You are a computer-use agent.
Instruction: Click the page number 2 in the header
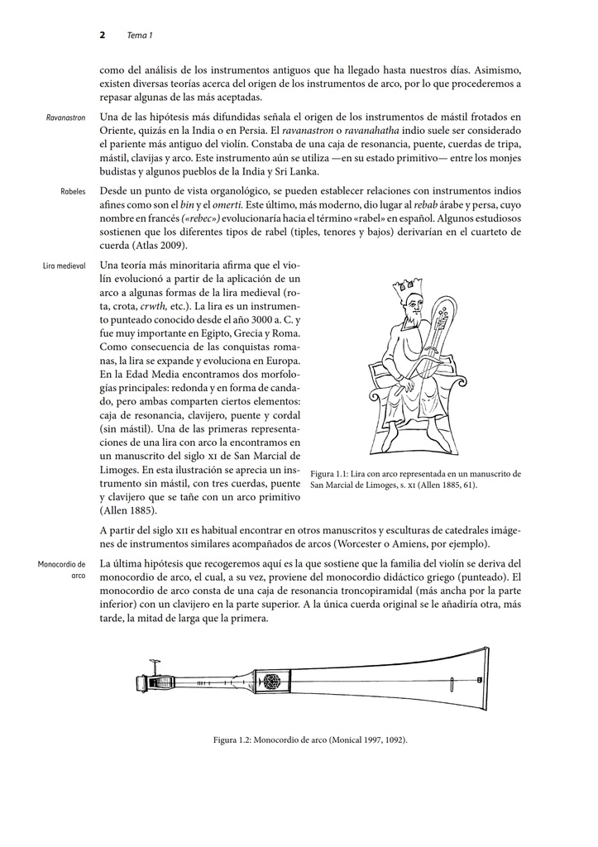102,35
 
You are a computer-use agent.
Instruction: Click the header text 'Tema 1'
139,35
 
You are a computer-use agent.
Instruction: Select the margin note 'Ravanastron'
66,118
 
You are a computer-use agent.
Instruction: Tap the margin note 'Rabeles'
74,191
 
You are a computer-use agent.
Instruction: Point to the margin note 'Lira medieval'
65,266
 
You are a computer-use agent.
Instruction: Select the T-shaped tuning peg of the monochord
153,666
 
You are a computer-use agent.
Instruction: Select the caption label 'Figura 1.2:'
236,739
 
